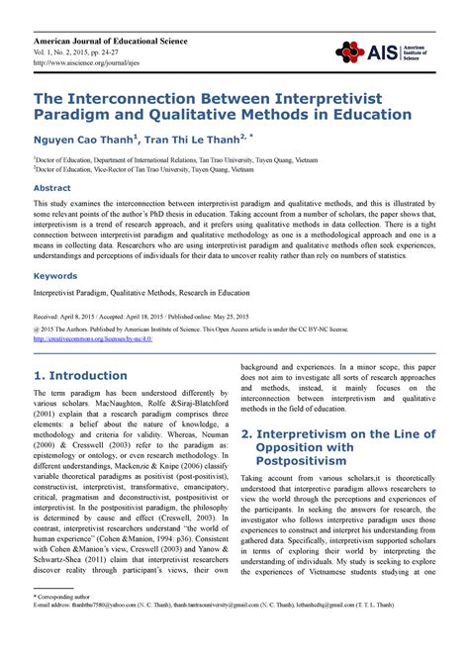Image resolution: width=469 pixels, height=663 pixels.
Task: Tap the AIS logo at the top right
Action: [x=382, y=51]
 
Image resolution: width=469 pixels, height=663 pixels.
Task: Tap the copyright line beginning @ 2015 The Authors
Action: [x=187, y=328]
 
